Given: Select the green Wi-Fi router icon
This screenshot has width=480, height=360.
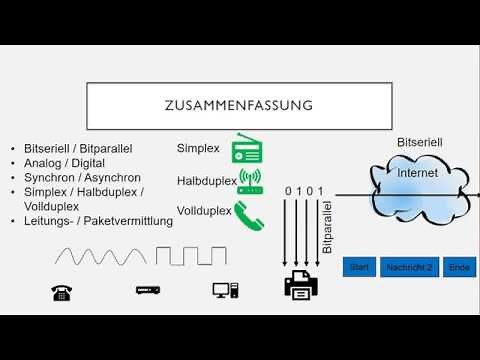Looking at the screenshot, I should click(249, 182).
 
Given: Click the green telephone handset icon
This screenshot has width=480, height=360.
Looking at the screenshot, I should click(247, 212).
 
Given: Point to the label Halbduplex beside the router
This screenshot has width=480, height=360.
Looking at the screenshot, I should click(205, 181).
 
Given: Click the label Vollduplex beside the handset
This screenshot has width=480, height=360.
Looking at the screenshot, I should click(204, 211).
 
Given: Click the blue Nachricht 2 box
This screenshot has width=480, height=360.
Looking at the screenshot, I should click(409, 267).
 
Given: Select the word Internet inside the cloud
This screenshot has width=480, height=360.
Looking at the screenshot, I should click(417, 173).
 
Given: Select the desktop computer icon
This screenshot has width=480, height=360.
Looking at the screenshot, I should click(224, 291).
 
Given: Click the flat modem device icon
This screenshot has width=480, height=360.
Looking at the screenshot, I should click(149, 291).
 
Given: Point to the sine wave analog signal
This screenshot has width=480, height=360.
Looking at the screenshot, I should click(92, 256).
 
